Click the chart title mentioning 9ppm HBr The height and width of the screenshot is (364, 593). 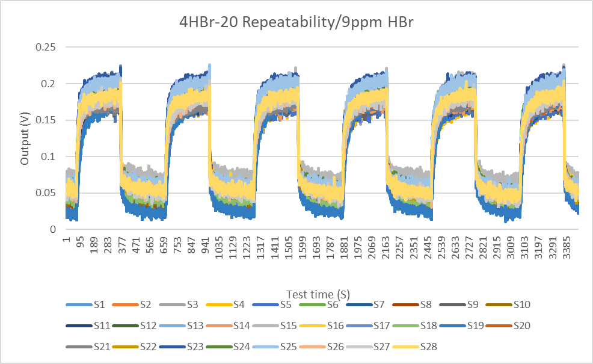click(296, 23)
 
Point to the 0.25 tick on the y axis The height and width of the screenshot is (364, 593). click(45, 48)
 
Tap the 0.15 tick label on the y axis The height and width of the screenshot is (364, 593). click(45, 120)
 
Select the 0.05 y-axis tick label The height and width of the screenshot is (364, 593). click(45, 193)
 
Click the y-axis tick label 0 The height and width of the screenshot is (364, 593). click(54, 229)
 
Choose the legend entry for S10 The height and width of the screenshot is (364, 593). click(521, 305)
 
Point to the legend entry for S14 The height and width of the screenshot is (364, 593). click(241, 325)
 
